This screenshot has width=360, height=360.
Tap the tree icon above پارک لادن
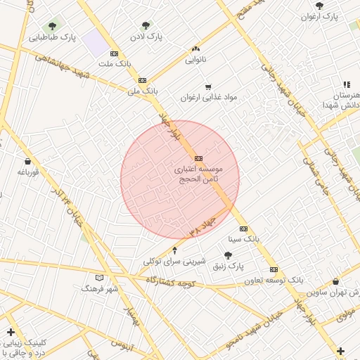146,25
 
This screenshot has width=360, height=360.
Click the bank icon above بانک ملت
115,53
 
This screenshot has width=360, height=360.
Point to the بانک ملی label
143,91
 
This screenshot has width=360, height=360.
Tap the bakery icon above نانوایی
195,49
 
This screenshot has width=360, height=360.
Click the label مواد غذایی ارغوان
209,97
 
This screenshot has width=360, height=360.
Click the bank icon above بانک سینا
243,229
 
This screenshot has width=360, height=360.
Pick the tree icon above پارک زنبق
228,256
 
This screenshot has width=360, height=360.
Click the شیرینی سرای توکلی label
174,261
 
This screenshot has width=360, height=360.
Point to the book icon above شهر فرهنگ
99,278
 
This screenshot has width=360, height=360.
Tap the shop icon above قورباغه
27,161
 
